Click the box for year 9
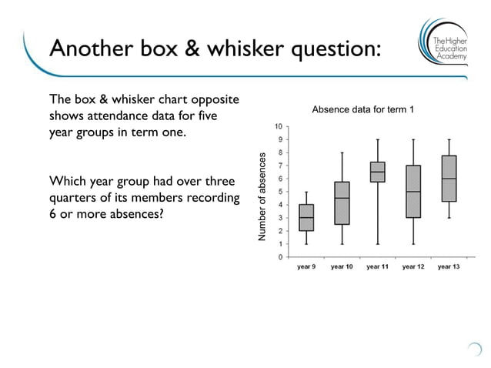(306, 218)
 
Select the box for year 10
(342, 203)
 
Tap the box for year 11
(377, 172)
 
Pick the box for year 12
(413, 192)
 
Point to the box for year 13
(449, 179)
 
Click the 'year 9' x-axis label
(306, 267)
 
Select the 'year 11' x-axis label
(377, 267)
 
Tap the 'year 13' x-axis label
(449, 267)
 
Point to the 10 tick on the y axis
(279, 126)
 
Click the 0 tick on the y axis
(281, 256)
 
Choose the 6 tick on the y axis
(281, 179)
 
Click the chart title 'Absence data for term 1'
(363, 110)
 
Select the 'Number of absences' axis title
(262, 197)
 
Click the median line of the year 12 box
(413, 192)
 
